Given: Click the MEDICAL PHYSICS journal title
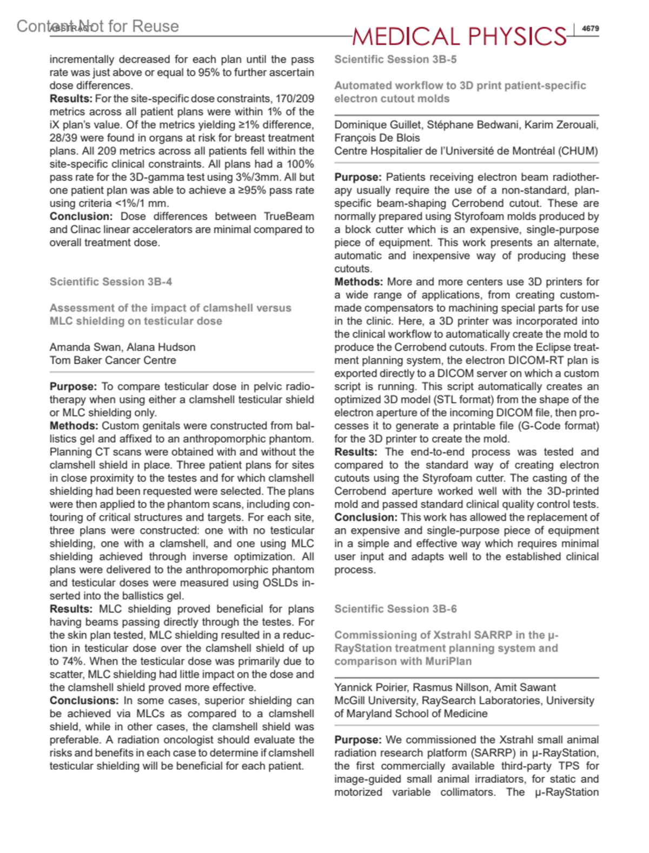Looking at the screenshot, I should tap(459, 36).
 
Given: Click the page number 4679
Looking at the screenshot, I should tap(590, 29).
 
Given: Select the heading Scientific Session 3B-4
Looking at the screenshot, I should tap(111, 282).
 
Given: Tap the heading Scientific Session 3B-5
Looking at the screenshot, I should tap(395, 59).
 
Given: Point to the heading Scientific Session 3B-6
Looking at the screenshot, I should tap(395, 609).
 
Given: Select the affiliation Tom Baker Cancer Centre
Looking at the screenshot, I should tap(112, 360).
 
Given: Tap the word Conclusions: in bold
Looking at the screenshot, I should tap(84, 701).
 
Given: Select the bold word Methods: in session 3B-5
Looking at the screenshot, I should tap(358, 282).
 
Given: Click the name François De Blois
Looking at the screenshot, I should tap(376, 138).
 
